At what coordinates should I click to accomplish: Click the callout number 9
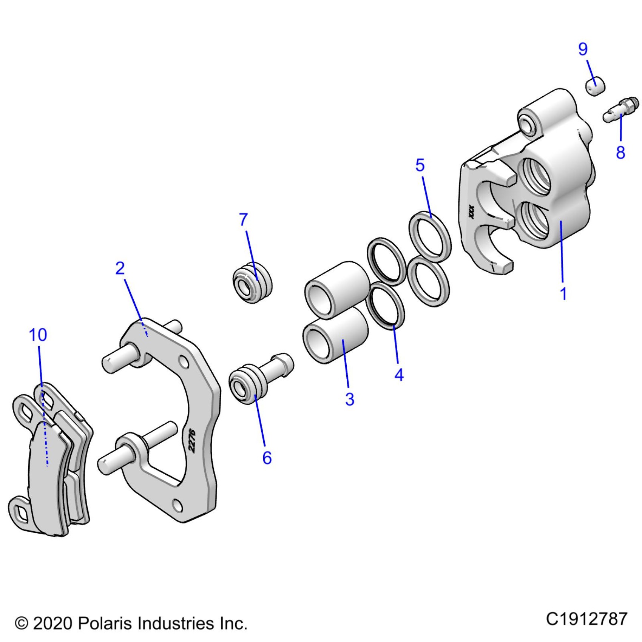coord(583,49)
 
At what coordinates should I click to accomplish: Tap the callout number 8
coord(620,153)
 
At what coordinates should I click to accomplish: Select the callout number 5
coord(420,165)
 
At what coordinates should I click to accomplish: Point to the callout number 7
coord(244,220)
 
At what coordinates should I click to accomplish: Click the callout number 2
coord(120,269)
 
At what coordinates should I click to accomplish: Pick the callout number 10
coord(38,335)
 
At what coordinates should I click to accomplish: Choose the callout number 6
coord(267,458)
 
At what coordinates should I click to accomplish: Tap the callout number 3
coord(350,399)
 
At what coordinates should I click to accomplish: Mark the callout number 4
coord(399,375)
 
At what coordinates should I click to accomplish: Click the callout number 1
coord(563,294)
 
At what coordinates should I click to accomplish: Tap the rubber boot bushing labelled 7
coord(252,282)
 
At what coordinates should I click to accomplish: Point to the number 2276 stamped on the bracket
coord(192,440)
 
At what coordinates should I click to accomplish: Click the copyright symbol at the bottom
coord(22,623)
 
